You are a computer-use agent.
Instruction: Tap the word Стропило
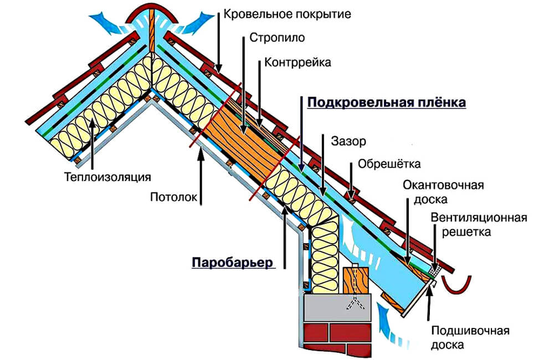[x=275, y=39]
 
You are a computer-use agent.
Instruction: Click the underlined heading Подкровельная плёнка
[x=387, y=103]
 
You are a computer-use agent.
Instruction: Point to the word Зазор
[x=348, y=142]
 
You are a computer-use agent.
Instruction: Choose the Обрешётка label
[x=389, y=164]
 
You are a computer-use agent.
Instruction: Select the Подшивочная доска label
[x=470, y=338]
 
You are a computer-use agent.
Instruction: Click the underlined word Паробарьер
[x=233, y=262]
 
